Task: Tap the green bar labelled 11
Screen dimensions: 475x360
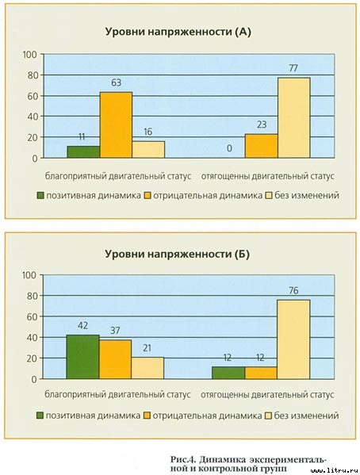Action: point(83,151)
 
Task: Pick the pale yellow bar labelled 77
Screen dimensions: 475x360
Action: point(293,117)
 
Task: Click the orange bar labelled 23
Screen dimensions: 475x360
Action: point(261,146)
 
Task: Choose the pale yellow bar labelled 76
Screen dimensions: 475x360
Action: point(293,339)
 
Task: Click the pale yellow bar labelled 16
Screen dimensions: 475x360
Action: point(147,149)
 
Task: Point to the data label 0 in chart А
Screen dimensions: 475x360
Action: point(228,149)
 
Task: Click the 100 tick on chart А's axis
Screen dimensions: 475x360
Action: point(30,54)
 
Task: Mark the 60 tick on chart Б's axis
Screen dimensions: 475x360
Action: point(31,316)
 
